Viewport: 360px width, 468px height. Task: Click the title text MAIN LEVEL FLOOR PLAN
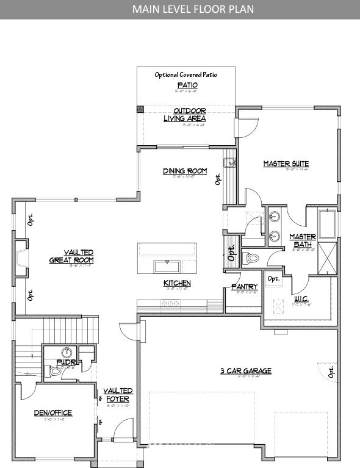point(180,9)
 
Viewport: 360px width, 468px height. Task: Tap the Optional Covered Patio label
point(185,74)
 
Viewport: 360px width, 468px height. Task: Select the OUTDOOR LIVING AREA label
point(184,115)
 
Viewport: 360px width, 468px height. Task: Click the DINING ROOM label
point(185,171)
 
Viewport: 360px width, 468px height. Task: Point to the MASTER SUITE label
point(286,164)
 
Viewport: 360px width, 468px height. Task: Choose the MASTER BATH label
point(303,240)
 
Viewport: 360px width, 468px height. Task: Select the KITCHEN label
point(177,283)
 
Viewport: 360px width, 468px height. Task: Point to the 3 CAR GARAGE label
point(246,370)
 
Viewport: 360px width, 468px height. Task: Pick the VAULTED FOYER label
point(118,395)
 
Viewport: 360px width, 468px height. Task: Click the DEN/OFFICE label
point(52,413)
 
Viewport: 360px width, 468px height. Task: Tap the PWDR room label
point(65,361)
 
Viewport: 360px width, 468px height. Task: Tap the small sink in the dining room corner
point(229,162)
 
